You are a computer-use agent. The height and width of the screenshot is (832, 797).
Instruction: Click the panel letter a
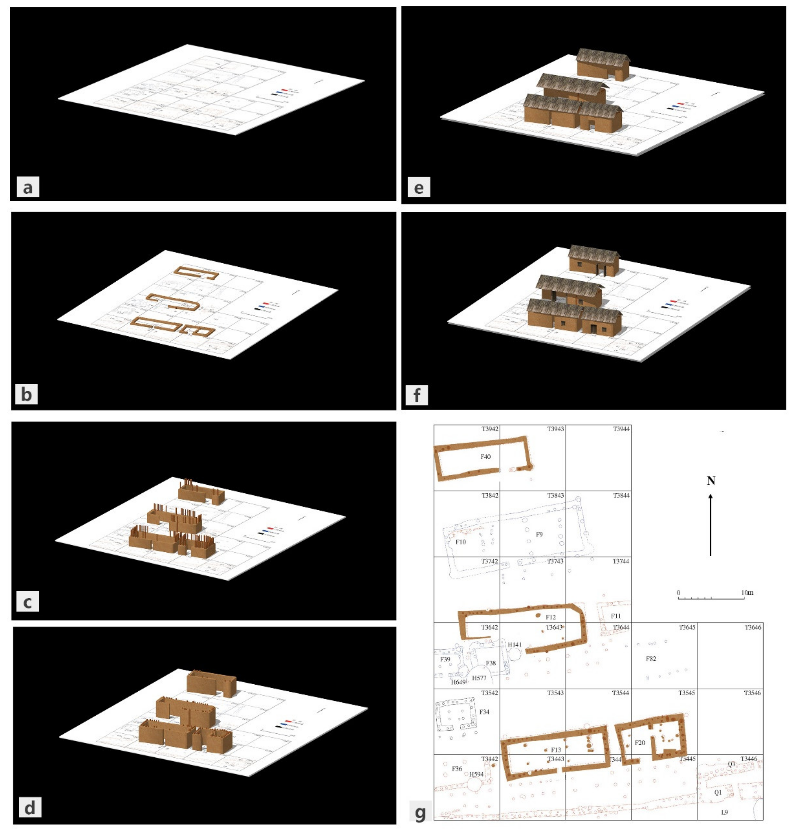pyautogui.click(x=28, y=187)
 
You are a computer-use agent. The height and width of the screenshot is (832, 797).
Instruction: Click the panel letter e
pyautogui.click(x=419, y=187)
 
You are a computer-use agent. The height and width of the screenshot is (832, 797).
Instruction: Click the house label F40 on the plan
pyautogui.click(x=485, y=457)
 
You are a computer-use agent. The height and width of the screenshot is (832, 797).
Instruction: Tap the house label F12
pyautogui.click(x=551, y=617)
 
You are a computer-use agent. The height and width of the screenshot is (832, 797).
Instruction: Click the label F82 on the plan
pyautogui.click(x=651, y=659)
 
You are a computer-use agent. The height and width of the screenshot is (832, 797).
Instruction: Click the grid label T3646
pyautogui.click(x=753, y=627)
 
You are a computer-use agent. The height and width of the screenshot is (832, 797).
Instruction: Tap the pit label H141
pyautogui.click(x=515, y=645)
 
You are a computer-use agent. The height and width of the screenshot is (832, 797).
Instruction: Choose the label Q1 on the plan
pyautogui.click(x=718, y=793)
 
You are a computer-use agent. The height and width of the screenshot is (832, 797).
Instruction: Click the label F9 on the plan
pyautogui.click(x=539, y=534)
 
